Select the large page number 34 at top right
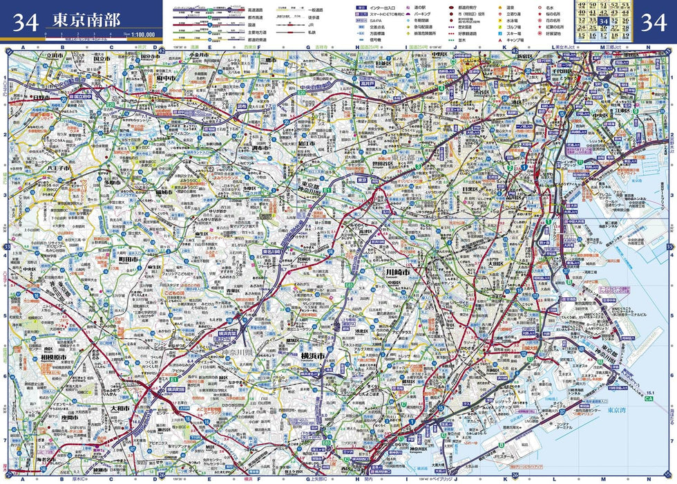pyautogui.click(x=654, y=23)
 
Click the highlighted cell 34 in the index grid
pyautogui.click(x=603, y=21)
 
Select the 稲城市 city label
pyautogui.click(x=164, y=192)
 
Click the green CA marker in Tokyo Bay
pyautogui.click(x=648, y=399)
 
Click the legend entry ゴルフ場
pyautogui.click(x=513, y=26)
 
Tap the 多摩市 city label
pyautogui.click(x=113, y=183)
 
